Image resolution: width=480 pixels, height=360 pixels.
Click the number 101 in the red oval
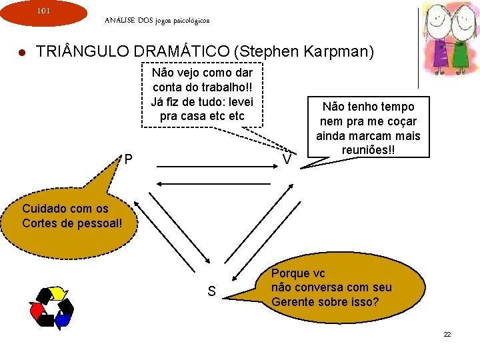click(43, 11)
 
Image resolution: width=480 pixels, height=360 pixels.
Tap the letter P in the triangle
click(128, 160)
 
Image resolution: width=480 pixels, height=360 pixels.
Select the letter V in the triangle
click(287, 161)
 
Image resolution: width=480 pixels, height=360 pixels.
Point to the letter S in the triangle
click(211, 291)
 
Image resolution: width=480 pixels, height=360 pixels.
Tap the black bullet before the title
click(21, 52)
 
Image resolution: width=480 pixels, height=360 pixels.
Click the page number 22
click(447, 333)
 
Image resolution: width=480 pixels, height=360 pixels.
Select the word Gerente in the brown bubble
click(293, 302)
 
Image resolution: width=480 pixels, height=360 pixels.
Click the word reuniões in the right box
click(365, 151)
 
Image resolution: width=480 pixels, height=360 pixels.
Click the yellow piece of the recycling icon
click(58, 293)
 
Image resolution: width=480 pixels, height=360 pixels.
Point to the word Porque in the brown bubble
click(291, 273)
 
